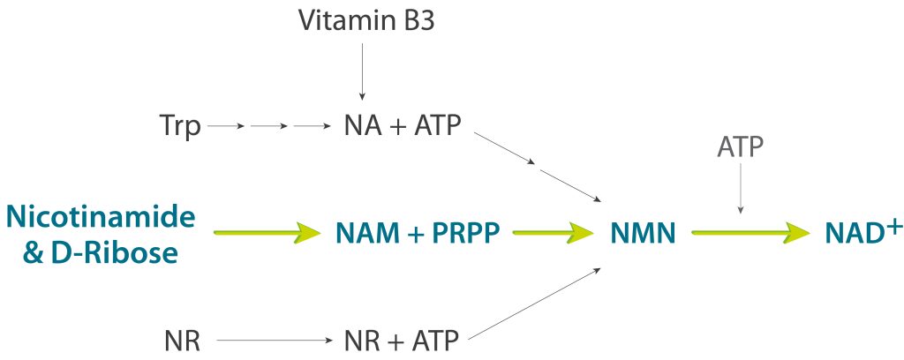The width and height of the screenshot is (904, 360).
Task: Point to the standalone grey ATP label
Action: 740,146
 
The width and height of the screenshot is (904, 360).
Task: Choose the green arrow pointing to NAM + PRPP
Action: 266,233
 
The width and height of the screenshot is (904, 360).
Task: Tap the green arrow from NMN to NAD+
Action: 750,233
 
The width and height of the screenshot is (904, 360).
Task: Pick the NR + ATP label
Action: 402,340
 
